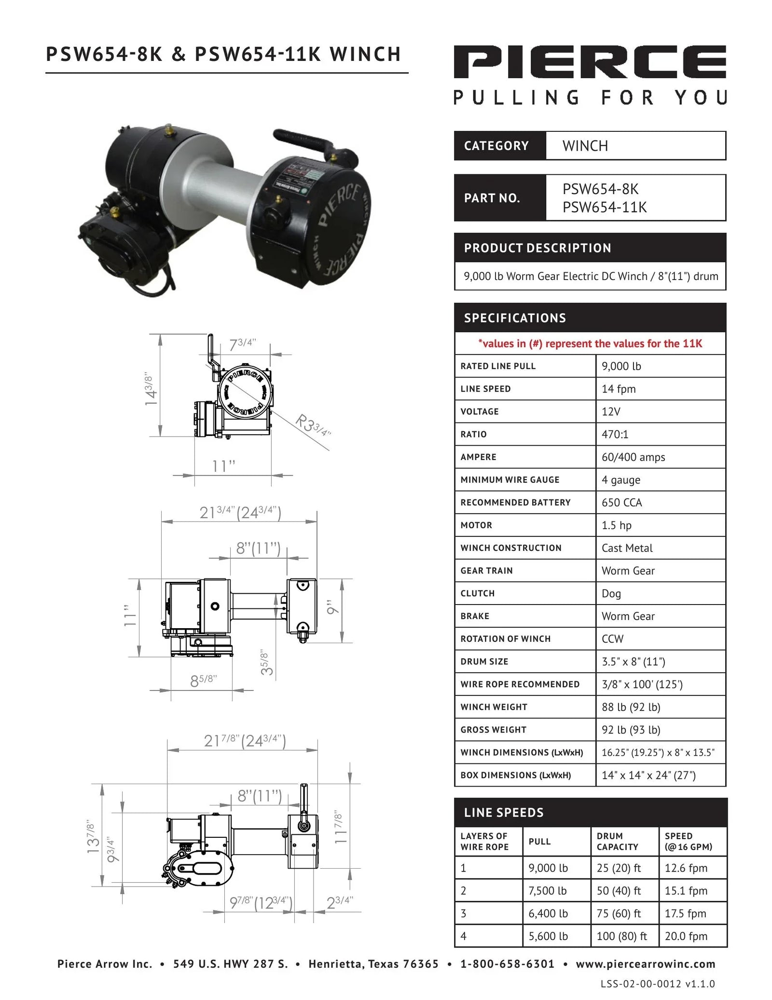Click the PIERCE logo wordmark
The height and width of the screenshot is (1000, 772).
(590, 61)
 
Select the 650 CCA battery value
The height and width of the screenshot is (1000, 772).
(621, 502)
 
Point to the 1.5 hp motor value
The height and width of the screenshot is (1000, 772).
(616, 525)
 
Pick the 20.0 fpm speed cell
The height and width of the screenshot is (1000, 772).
(686, 936)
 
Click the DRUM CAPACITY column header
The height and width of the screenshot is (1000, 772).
(617, 841)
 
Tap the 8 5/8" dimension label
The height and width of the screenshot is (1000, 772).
(203, 680)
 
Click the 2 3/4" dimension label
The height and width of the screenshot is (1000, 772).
(340, 902)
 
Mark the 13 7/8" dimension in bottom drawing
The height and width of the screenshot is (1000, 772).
(92, 835)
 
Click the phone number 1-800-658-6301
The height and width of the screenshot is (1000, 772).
(507, 964)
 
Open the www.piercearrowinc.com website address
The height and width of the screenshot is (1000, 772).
(645, 964)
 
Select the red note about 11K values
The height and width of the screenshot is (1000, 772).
(590, 343)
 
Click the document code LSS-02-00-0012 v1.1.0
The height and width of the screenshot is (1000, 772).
(657, 984)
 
